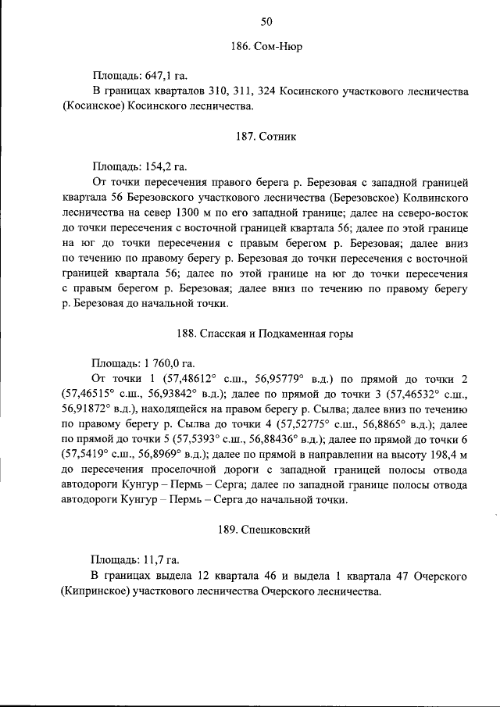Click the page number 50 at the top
(x=266, y=20)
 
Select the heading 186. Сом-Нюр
(x=266, y=47)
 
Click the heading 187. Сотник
(x=266, y=136)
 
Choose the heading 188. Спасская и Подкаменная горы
(x=266, y=333)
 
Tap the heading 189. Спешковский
(x=266, y=530)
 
